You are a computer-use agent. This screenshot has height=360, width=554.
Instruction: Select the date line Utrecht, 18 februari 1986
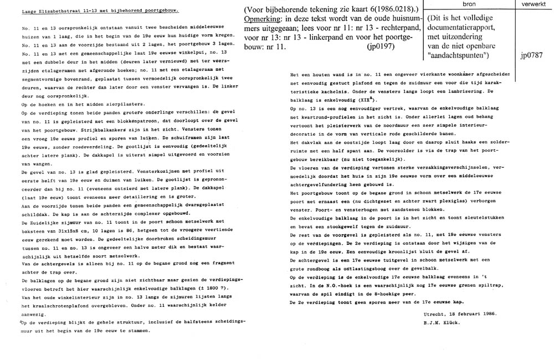457,313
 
